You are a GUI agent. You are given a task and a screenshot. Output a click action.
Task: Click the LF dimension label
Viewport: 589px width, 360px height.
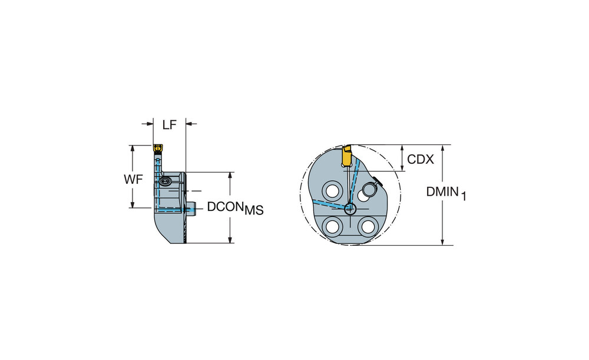(x=170, y=125)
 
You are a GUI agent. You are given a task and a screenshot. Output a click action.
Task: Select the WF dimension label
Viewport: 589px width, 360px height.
(x=133, y=180)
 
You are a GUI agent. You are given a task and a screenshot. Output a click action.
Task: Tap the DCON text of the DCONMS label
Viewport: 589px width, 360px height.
(x=226, y=207)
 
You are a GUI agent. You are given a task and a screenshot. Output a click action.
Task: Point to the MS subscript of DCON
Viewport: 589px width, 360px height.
(x=254, y=210)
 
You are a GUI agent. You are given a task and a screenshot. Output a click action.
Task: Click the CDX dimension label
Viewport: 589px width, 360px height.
(x=421, y=159)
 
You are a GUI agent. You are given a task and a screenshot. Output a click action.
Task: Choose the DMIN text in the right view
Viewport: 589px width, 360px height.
(x=442, y=191)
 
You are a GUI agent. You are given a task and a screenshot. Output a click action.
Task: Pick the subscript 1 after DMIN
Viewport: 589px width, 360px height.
(x=464, y=196)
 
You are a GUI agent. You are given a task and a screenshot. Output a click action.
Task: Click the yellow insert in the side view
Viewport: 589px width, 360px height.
(x=157, y=148)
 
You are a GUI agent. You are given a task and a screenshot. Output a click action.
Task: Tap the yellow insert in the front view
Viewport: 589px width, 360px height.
(x=346, y=156)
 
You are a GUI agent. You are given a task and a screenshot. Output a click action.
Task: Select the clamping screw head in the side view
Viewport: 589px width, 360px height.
(x=165, y=181)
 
